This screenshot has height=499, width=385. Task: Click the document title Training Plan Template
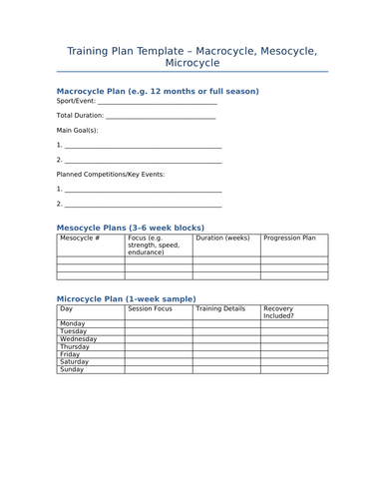(192, 57)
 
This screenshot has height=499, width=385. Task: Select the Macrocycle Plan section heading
(158, 91)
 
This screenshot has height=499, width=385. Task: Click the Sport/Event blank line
(158, 102)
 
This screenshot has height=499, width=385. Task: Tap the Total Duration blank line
(160, 117)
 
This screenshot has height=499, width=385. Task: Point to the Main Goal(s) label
(77, 130)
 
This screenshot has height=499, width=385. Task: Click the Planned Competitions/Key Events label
(110, 174)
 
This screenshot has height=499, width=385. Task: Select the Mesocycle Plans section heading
(130, 228)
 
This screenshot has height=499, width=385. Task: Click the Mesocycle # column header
(80, 239)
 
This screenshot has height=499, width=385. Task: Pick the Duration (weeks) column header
(222, 239)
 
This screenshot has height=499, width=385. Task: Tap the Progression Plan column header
(289, 239)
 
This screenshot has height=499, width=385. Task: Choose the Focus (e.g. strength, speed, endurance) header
(154, 246)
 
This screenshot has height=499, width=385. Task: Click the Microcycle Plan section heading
(126, 298)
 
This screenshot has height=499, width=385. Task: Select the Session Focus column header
(151, 309)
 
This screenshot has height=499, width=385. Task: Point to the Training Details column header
(220, 309)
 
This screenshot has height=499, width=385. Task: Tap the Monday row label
(73, 323)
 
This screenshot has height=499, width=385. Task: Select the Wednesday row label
(79, 339)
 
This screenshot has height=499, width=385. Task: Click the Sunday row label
(72, 369)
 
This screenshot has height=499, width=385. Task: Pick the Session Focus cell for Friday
(159, 354)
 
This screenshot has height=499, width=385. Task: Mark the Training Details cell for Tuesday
(226, 331)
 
